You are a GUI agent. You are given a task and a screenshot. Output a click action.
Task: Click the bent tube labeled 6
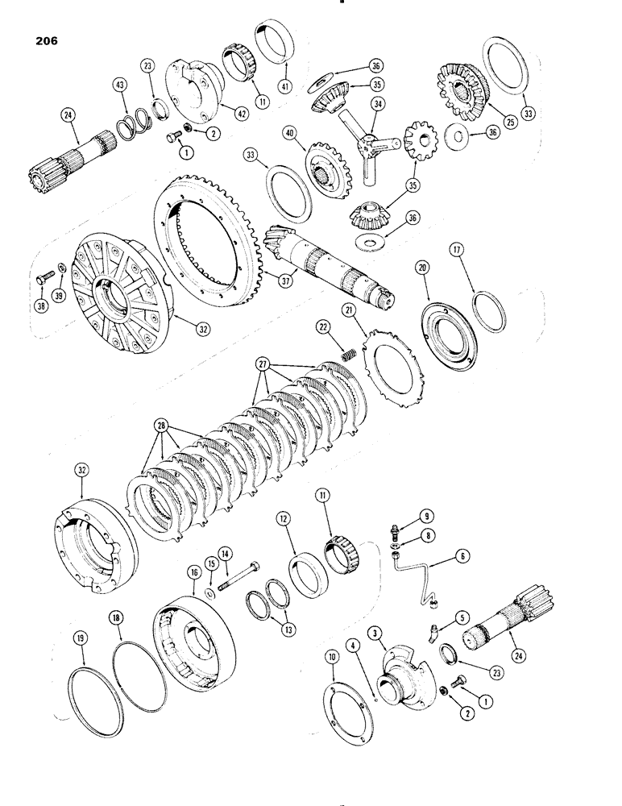(x=421, y=577)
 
